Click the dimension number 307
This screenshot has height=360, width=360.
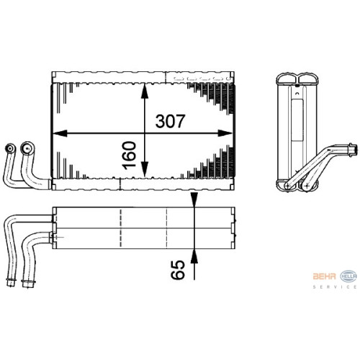(170, 121)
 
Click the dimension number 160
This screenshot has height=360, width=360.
(129, 156)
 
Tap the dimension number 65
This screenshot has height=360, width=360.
(178, 270)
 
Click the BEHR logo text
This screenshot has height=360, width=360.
(324, 276)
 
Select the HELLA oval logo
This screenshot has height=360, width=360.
(348, 276)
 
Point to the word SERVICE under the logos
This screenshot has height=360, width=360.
(335, 287)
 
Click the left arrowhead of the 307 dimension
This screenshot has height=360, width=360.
(60, 133)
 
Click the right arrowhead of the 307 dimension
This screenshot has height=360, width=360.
(225, 133)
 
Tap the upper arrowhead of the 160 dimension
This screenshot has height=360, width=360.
(144, 91)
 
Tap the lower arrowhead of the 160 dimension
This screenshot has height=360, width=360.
(144, 169)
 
